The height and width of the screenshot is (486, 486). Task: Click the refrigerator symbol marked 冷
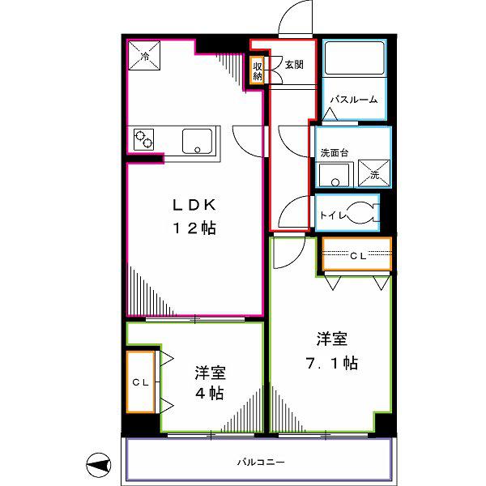click(x=144, y=55)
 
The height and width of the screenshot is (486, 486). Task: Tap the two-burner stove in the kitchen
click(x=144, y=139)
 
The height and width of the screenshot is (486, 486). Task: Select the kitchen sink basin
click(x=197, y=141)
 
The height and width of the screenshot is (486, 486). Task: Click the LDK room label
click(x=194, y=205)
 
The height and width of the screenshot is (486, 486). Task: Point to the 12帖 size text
click(x=194, y=228)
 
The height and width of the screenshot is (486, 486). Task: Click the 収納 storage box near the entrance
click(x=258, y=70)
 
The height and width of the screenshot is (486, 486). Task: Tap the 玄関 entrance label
click(x=294, y=65)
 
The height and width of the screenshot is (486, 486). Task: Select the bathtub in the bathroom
click(x=355, y=58)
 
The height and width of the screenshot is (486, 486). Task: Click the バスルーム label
click(x=354, y=100)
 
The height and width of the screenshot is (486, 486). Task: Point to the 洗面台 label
click(x=335, y=152)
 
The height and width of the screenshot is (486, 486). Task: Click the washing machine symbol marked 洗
click(x=373, y=173)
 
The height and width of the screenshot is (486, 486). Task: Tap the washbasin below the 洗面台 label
click(x=335, y=176)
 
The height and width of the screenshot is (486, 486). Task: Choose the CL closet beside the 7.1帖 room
click(x=357, y=254)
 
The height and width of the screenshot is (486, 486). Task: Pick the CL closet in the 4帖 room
click(x=141, y=382)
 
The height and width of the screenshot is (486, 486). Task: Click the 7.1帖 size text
click(x=331, y=363)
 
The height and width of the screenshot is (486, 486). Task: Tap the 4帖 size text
click(x=209, y=393)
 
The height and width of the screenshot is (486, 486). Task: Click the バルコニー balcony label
click(x=261, y=463)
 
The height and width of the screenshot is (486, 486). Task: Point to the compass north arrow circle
click(x=99, y=465)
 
